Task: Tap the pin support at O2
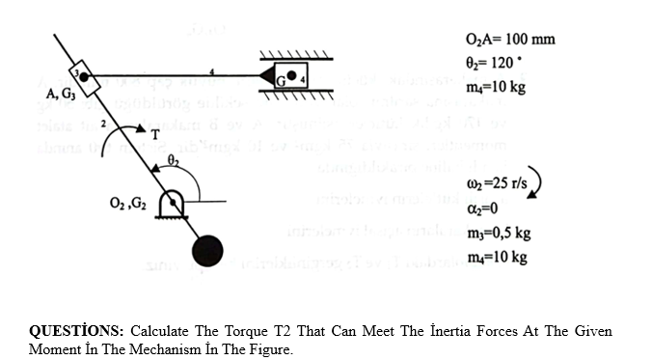tap(175, 204)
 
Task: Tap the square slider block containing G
tap(291, 74)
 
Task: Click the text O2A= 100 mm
tap(509, 40)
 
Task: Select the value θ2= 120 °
tap(501, 64)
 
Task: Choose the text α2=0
tap(484, 208)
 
